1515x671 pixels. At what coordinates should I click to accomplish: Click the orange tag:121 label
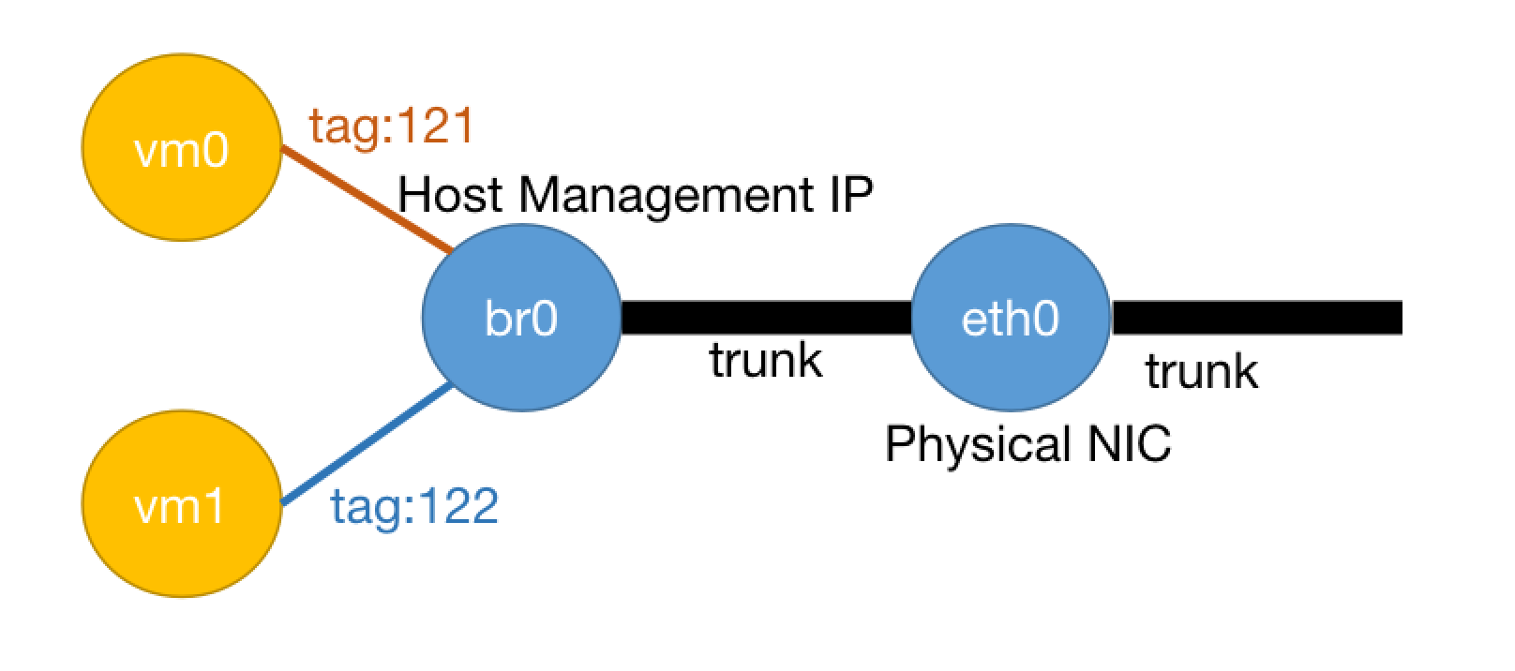(x=393, y=127)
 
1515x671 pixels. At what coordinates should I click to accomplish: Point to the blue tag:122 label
(x=413, y=507)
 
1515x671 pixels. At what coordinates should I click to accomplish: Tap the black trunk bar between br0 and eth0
(x=765, y=318)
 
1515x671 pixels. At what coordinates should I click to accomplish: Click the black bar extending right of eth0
(x=1256, y=318)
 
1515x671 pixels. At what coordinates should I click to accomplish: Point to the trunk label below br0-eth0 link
(x=765, y=360)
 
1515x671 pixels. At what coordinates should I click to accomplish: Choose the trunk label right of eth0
(x=1201, y=372)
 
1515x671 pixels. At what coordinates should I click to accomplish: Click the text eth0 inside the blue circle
(x=1011, y=320)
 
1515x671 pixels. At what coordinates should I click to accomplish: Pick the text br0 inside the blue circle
(x=521, y=320)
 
